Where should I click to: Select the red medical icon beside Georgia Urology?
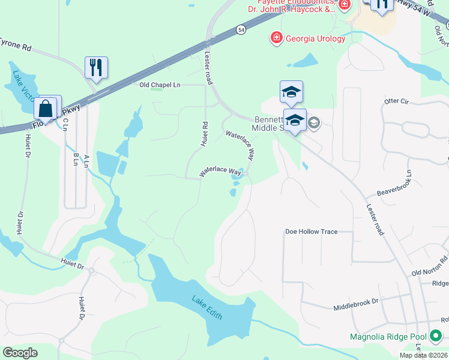(x=276, y=39)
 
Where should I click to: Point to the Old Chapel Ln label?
(x=160, y=85)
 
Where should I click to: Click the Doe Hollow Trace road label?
(x=311, y=232)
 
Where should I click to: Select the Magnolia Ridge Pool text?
(x=389, y=337)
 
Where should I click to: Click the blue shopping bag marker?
(x=45, y=109)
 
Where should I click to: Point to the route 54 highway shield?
(x=241, y=29)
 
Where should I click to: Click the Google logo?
(x=20, y=353)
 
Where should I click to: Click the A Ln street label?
(x=86, y=160)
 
